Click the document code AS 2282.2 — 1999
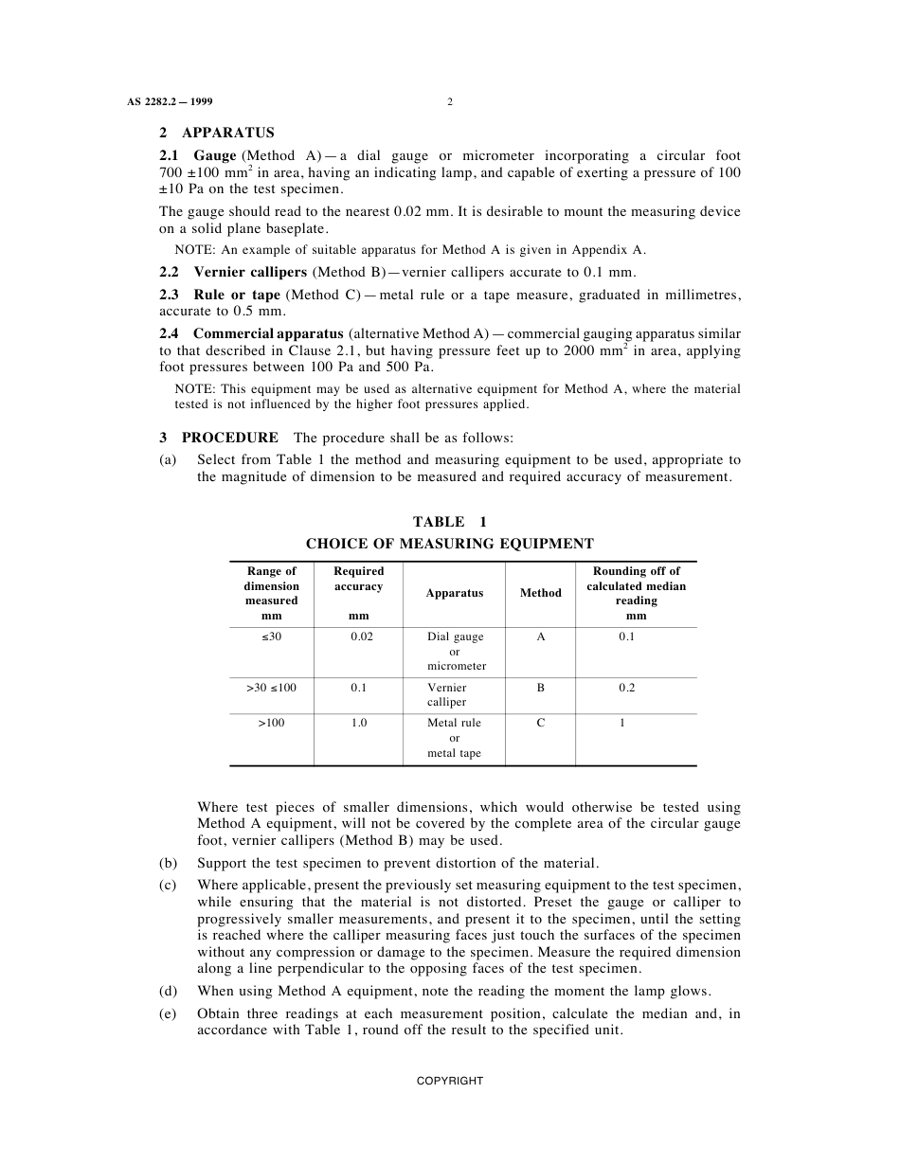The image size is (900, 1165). tap(175, 102)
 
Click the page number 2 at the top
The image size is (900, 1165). tap(450, 102)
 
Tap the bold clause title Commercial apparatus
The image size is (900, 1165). tap(268, 333)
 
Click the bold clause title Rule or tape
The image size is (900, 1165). tap(237, 296)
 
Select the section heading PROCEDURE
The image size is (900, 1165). tap(229, 438)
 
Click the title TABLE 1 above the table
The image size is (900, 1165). tap(450, 522)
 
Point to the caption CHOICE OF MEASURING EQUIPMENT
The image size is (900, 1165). tap(450, 544)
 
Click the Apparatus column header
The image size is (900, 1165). tap(455, 593)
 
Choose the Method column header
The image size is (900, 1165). tap(541, 593)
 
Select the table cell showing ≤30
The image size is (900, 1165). tap(272, 636)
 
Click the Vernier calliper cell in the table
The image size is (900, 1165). tap(447, 694)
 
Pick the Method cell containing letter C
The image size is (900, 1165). tap(541, 723)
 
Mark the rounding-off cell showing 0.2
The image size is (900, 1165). tap(627, 688)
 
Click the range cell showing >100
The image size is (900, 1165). tap(271, 723)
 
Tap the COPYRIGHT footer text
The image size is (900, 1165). tap(450, 1081)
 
